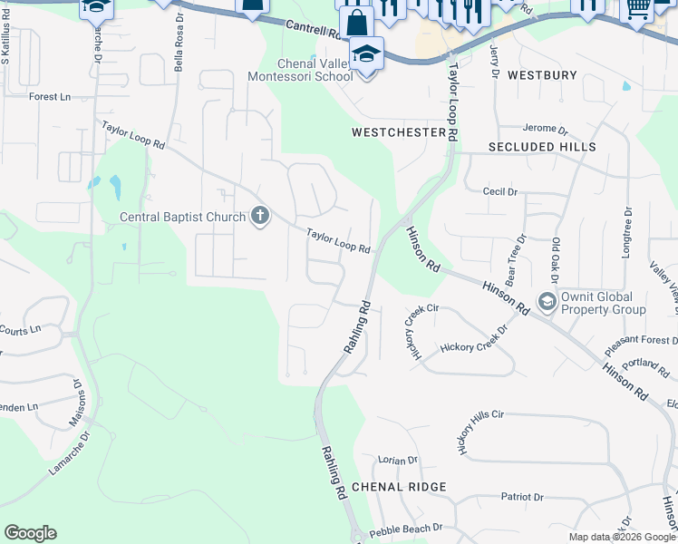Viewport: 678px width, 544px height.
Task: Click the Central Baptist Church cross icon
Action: (260, 216)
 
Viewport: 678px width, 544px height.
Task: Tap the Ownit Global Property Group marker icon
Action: (547, 301)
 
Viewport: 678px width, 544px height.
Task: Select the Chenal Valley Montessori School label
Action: (300, 69)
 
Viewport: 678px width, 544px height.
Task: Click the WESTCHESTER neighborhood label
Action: (399, 132)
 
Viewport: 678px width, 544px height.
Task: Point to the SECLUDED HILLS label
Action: (542, 147)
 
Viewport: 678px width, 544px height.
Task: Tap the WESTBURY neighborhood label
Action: (542, 75)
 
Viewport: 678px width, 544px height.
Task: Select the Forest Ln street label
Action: (49, 97)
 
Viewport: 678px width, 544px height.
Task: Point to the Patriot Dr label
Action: (522, 497)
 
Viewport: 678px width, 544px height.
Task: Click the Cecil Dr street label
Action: (499, 192)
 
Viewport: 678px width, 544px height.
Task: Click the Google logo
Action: (30, 533)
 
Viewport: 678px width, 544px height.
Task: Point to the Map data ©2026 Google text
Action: (621, 537)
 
